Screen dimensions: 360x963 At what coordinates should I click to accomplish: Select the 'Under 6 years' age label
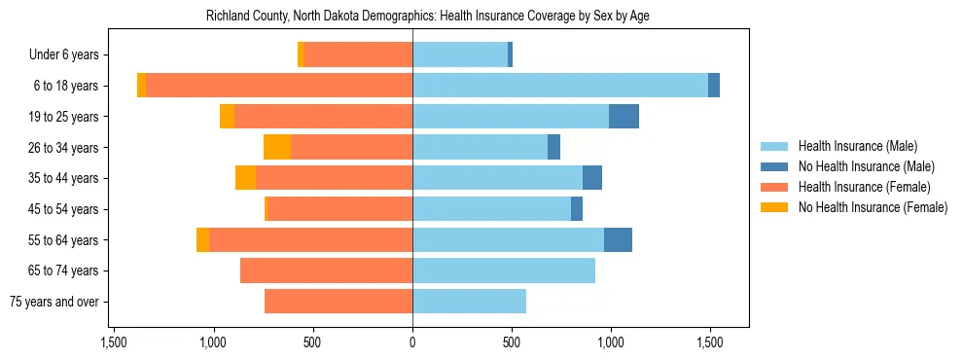pyautogui.click(x=69, y=54)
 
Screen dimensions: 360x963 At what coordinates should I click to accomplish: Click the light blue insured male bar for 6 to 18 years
pyautogui.click(x=560, y=86)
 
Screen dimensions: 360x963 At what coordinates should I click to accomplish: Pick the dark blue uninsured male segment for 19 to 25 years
pyautogui.click(x=624, y=117)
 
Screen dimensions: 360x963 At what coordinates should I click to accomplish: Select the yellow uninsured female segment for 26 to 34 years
pyautogui.click(x=277, y=147)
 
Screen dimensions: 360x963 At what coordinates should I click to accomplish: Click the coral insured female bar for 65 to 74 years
pyautogui.click(x=326, y=270)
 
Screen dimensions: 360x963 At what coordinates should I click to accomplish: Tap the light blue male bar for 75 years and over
pyautogui.click(x=469, y=302)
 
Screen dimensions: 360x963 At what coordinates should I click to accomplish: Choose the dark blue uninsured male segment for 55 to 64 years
pyautogui.click(x=618, y=239)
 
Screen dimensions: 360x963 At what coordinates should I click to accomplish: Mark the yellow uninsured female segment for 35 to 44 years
pyautogui.click(x=245, y=178)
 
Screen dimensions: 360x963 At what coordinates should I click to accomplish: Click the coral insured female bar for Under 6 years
pyautogui.click(x=358, y=54)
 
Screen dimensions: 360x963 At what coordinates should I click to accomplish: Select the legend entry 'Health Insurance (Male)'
pyautogui.click(x=857, y=146)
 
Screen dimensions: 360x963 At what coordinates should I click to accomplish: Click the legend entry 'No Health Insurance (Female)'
pyautogui.click(x=873, y=207)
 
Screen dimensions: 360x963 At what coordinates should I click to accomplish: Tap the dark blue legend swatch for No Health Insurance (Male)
pyautogui.click(x=775, y=166)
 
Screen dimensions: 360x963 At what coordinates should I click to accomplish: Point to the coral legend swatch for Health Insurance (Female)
pyautogui.click(x=775, y=187)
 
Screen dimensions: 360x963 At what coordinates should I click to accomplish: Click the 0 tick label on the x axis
pyautogui.click(x=412, y=342)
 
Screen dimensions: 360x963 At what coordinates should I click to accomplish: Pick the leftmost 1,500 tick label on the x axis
pyautogui.click(x=114, y=342)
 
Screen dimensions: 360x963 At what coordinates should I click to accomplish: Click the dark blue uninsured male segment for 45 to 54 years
pyautogui.click(x=577, y=209)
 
